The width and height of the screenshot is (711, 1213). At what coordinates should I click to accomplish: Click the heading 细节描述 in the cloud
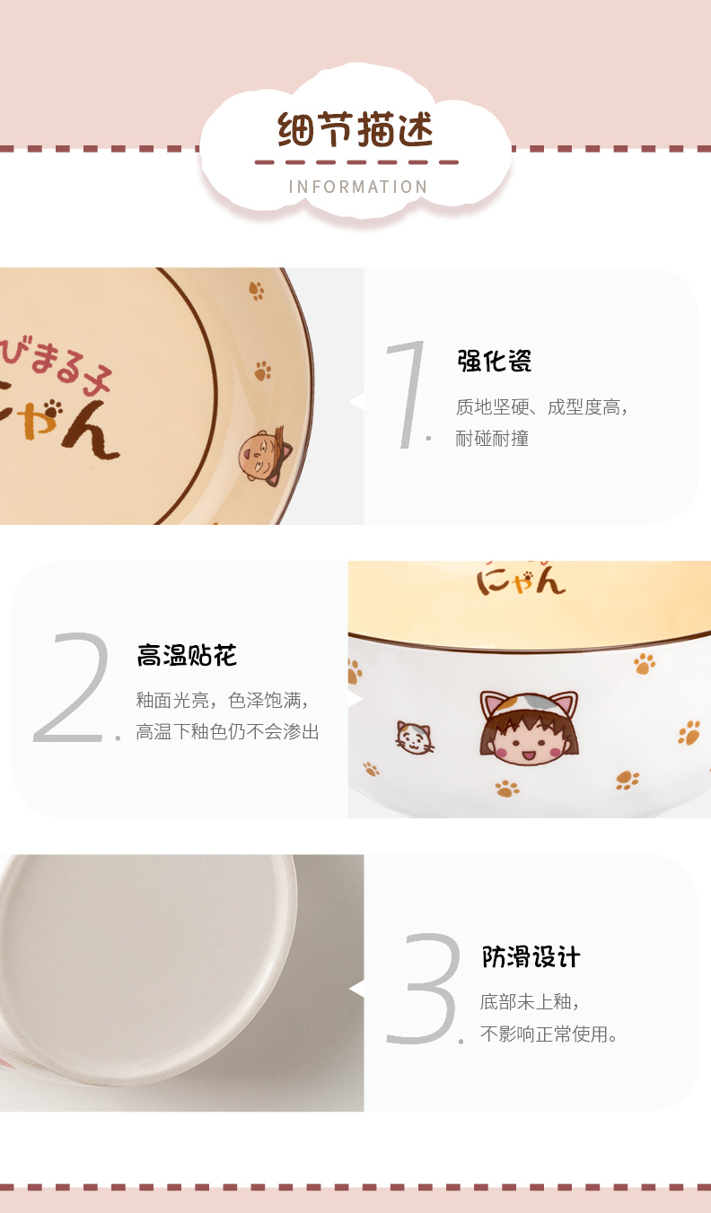[x=355, y=129]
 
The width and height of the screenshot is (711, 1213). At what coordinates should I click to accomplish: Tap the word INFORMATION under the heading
[x=358, y=187]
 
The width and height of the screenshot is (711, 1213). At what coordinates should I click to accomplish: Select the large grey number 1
[x=408, y=394]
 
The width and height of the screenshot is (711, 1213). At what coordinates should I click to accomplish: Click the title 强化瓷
[x=495, y=362]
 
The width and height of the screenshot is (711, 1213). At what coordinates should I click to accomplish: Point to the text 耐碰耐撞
[x=492, y=438]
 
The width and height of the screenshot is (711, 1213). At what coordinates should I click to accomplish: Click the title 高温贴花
[x=187, y=655]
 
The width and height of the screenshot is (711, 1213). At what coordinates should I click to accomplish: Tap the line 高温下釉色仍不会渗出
[x=228, y=731]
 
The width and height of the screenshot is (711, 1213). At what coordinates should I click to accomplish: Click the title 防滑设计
[x=531, y=957]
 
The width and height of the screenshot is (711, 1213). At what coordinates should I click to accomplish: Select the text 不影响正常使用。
[x=549, y=1034]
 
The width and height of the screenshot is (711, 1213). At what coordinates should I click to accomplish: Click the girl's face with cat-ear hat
[x=529, y=729]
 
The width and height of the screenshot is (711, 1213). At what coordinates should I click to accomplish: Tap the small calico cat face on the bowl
[x=415, y=737]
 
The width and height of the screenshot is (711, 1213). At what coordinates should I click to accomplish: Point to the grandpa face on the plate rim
[x=265, y=456]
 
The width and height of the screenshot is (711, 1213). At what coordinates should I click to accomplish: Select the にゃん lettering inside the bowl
[x=521, y=581]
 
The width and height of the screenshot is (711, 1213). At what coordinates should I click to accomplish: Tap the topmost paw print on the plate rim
[x=257, y=291]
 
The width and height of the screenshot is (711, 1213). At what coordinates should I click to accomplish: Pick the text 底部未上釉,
[x=530, y=1002]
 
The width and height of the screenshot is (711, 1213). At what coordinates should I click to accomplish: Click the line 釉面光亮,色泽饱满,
[x=223, y=700]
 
